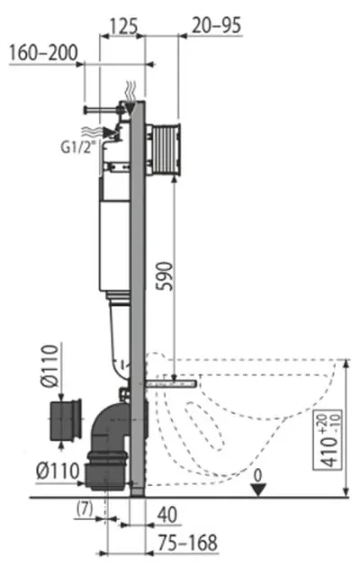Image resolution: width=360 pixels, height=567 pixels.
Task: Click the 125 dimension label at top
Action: pos(123,26)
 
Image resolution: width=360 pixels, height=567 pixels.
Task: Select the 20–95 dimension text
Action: pos(216,25)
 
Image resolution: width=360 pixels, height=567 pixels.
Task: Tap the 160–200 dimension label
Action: pos(43,53)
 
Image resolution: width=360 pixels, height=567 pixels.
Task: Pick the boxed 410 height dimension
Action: pos(327,440)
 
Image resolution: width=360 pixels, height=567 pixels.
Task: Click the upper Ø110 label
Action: pos(49,366)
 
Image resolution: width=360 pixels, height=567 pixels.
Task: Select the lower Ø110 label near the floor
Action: pos(58,472)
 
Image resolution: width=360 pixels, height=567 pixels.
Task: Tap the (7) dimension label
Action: pos(85,509)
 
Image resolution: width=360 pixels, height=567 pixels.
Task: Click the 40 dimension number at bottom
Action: pos(167,515)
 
